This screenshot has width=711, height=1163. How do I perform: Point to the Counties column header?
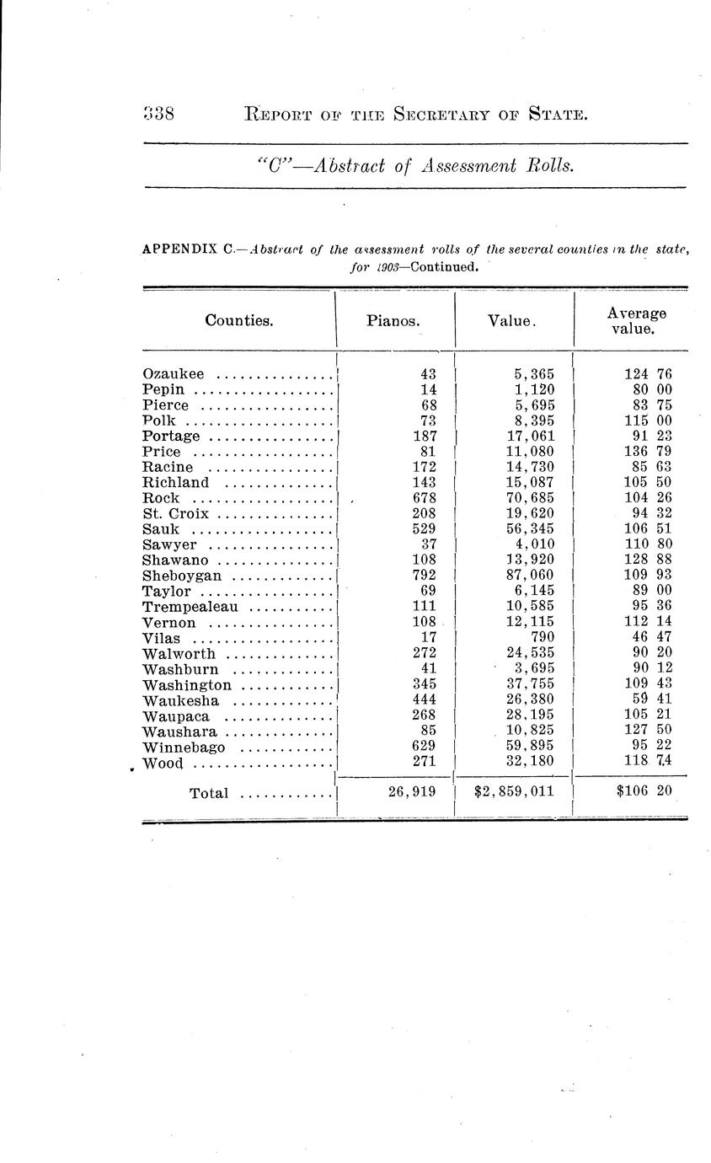[238, 320]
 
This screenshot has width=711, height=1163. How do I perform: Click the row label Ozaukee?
[174, 374]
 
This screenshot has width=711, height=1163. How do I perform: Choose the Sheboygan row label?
[182, 576]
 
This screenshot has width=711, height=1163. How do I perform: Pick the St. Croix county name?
[175, 514]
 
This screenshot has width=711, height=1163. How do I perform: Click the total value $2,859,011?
[515, 792]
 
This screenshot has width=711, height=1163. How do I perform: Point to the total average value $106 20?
[642, 792]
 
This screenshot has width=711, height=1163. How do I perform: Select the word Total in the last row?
[209, 793]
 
